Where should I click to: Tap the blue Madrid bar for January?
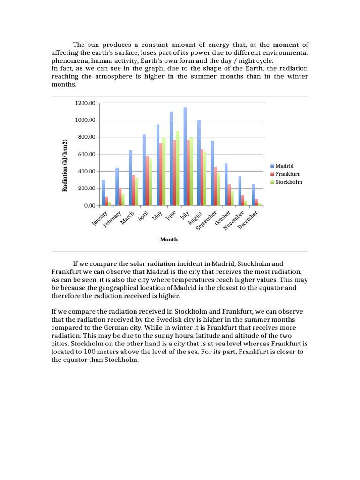pyautogui.click(x=104, y=193)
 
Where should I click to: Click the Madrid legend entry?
pyautogui.click(x=285, y=166)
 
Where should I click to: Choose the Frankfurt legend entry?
pyautogui.click(x=286, y=174)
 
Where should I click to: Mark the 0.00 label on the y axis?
pyautogui.click(x=90, y=206)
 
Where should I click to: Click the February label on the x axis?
pyautogui.click(x=113, y=219)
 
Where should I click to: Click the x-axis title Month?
pyautogui.click(x=169, y=240)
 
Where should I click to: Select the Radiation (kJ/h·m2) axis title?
pyautogui.click(x=65, y=165)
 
